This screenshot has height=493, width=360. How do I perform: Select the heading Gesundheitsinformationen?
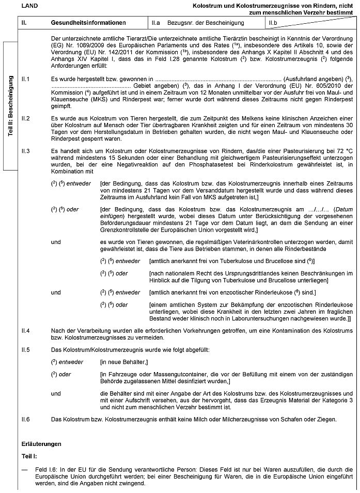(x=88, y=23)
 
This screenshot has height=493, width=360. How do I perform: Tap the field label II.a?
(x=155, y=23)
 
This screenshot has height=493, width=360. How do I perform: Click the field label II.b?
(x=273, y=23)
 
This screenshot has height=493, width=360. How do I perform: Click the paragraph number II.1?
(x=25, y=79)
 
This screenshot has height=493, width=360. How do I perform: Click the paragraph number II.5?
(x=25, y=350)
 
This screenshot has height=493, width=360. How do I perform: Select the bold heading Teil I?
(x=29, y=457)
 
